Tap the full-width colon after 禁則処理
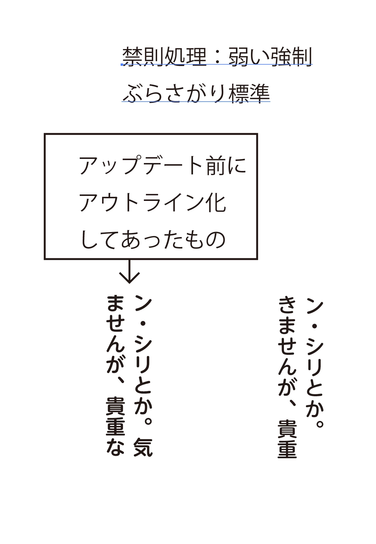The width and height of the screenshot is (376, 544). [x=218, y=56]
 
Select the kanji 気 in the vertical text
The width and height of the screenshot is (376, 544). [x=143, y=447]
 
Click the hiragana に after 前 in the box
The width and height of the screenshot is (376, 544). [x=237, y=165]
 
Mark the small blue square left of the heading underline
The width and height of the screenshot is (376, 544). [x=122, y=65]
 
